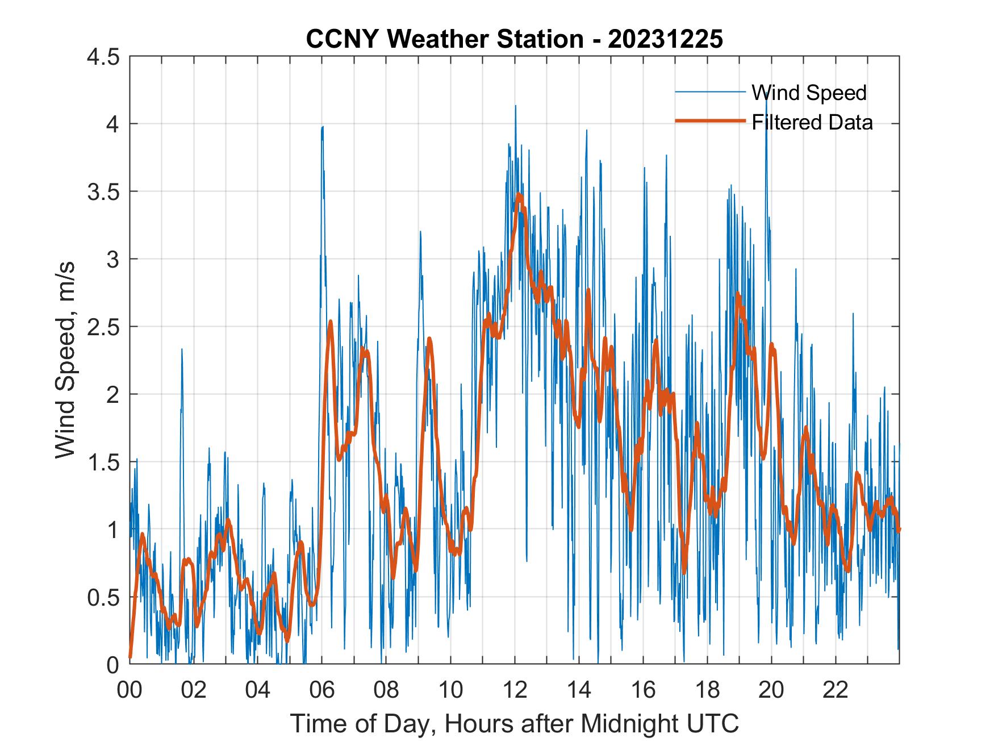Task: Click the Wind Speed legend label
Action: point(809,93)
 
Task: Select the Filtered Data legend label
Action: point(812,122)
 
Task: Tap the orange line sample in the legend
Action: point(710,121)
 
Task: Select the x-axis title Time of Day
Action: point(514,724)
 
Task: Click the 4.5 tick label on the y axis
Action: point(103,57)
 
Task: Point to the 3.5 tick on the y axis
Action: point(103,192)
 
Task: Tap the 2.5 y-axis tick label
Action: point(103,327)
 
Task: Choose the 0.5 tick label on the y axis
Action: point(103,598)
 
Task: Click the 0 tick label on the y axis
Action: point(114,665)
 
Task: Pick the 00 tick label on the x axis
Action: point(130,690)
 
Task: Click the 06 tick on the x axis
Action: point(322,690)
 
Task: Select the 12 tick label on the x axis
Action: point(515,690)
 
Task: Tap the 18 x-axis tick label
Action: point(707,690)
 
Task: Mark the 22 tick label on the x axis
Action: point(836,690)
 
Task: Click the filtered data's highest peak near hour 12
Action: point(519,196)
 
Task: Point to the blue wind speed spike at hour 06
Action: point(322,128)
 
